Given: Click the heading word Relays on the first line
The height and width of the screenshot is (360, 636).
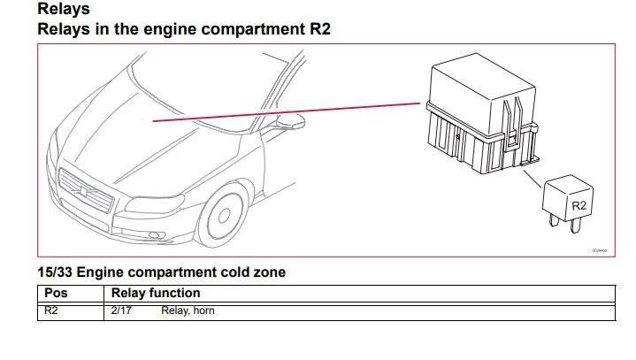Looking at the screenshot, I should [63, 10].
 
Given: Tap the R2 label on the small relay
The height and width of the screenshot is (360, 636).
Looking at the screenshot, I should [579, 205].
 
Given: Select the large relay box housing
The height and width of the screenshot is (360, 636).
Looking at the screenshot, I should [478, 111].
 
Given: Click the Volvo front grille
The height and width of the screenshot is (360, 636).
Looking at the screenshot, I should [86, 190].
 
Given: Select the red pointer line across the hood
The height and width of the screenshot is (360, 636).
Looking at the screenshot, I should [283, 111].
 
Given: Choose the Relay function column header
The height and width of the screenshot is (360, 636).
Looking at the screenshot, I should [156, 293].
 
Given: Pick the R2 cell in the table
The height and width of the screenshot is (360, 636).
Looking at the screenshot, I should [50, 310].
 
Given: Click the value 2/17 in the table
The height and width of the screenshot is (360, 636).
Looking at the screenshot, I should [121, 310].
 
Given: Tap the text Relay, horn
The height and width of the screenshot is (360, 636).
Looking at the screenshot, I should [188, 310].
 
